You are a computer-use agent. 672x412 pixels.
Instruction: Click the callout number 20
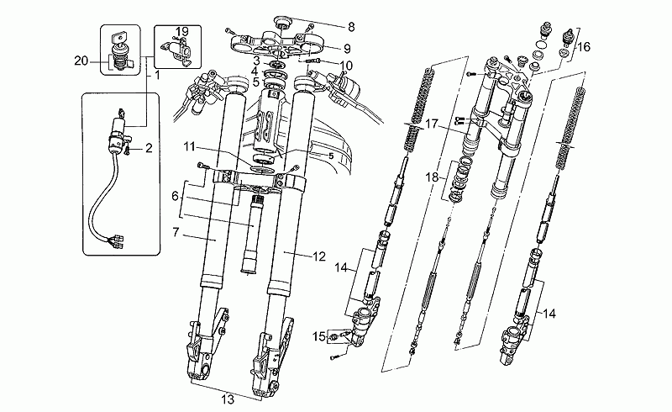click(x=81, y=60)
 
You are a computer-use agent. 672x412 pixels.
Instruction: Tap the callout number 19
click(x=181, y=31)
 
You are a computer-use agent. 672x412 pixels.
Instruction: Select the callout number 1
click(x=156, y=76)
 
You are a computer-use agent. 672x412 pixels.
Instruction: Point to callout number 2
click(x=149, y=149)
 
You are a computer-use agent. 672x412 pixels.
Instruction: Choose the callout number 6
click(x=175, y=195)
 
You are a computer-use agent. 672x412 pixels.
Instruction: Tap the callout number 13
click(x=227, y=399)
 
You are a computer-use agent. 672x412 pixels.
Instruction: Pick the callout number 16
click(x=582, y=47)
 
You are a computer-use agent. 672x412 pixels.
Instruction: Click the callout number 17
click(x=432, y=124)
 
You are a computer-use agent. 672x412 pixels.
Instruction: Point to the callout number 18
click(x=432, y=177)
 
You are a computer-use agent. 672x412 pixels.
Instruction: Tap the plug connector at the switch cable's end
click(x=118, y=243)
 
